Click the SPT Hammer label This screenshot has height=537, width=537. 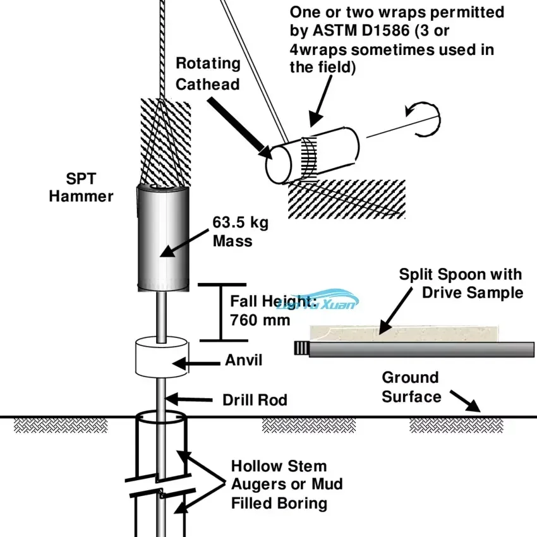(81, 188)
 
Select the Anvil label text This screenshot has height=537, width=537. (243, 361)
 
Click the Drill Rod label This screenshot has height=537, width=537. (255, 400)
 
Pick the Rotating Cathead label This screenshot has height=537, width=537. (208, 73)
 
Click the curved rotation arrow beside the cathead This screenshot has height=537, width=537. (424, 119)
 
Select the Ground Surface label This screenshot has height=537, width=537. (411, 387)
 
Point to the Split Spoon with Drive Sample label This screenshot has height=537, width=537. (461, 283)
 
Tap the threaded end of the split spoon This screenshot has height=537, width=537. (301, 347)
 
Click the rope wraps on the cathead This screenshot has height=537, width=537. (309, 156)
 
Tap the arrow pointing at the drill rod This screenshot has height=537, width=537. (190, 399)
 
